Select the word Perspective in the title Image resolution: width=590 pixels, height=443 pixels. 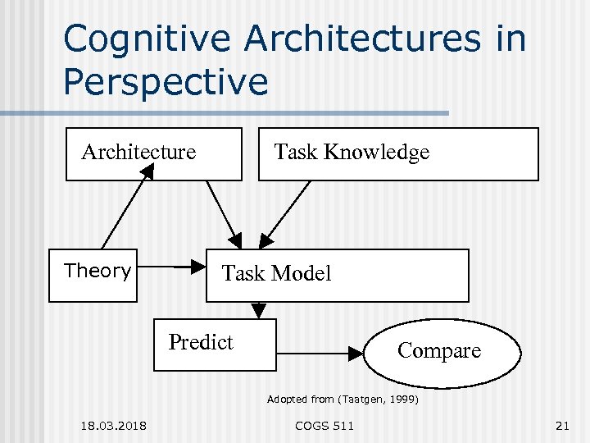(166, 81)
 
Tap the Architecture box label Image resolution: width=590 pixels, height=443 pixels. (138, 152)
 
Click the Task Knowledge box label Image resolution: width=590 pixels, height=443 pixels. (352, 152)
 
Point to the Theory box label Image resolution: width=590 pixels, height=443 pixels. (98, 271)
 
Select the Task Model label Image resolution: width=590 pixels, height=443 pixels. (277, 273)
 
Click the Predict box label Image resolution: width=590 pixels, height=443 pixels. (201, 342)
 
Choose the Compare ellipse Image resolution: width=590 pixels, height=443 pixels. (439, 351)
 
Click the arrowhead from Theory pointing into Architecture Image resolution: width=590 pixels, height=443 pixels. (147, 171)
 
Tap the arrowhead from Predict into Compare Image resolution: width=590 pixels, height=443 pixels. (355, 354)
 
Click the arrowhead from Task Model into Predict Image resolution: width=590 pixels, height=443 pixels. (259, 311)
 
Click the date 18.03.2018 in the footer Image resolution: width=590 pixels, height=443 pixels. (114, 425)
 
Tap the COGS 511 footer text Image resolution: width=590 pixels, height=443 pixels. (324, 425)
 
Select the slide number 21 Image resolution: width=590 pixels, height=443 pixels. (561, 425)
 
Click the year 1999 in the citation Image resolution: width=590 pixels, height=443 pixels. (401, 400)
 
